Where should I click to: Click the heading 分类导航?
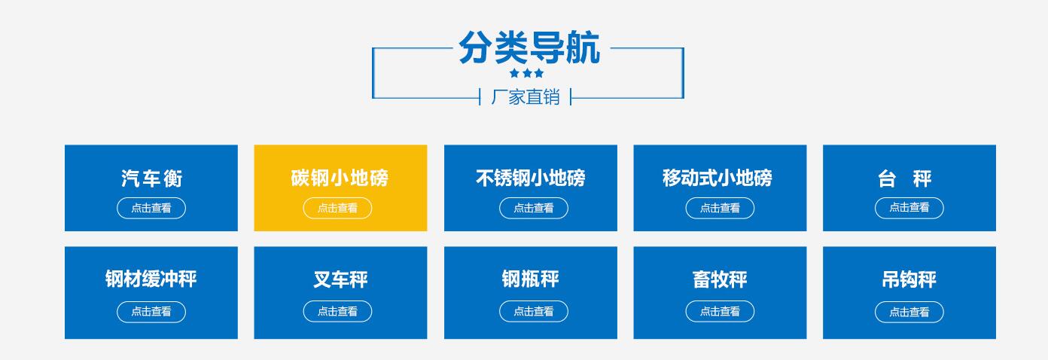(529, 47)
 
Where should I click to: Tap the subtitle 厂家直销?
(526, 97)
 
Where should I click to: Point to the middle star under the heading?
(527, 73)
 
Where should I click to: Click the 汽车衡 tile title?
(151, 178)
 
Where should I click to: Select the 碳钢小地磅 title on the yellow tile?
(340, 178)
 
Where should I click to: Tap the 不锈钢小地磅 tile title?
(531, 178)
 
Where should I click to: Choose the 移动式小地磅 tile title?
(717, 178)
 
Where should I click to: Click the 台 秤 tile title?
(905, 178)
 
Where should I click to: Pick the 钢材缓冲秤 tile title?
(151, 279)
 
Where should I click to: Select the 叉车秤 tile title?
(340, 279)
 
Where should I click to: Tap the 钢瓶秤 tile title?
(531, 279)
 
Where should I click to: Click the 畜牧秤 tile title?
(720, 279)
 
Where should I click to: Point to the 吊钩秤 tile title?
(909, 279)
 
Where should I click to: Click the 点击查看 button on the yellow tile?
(338, 209)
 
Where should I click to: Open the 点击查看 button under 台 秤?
(909, 208)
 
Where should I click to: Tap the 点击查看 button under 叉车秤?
(338, 312)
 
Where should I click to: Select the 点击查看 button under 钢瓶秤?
(534, 312)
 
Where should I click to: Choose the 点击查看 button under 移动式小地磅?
(720, 209)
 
